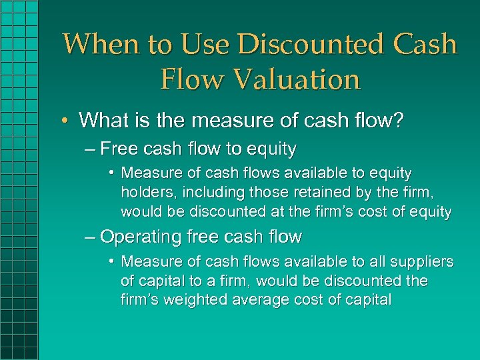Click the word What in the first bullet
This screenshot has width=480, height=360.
point(101,120)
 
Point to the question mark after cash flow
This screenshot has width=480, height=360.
point(399,120)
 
